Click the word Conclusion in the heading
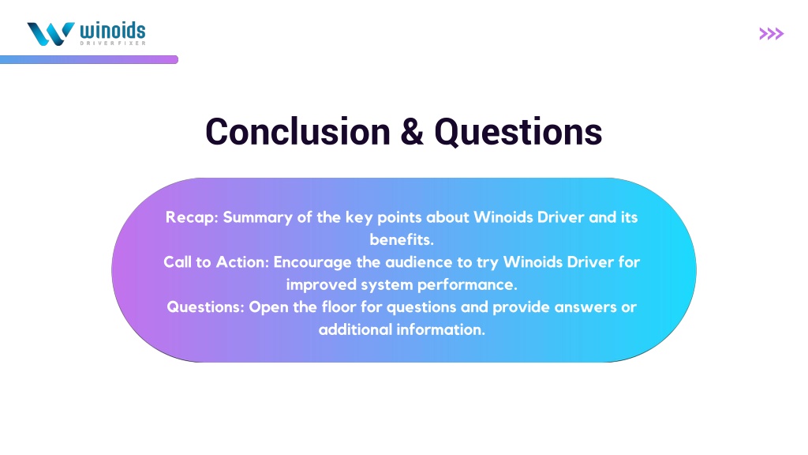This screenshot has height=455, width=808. point(297,132)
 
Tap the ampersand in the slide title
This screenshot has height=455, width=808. point(412,132)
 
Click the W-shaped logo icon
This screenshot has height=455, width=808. point(50,34)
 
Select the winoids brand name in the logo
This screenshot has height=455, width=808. point(112,31)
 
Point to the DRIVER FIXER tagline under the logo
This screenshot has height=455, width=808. point(113,43)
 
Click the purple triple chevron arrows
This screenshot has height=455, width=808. point(772,34)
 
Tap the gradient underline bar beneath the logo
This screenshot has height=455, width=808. point(89,60)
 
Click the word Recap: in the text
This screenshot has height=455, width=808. point(192,218)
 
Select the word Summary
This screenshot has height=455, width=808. point(258,218)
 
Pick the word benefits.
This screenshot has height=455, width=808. point(402,240)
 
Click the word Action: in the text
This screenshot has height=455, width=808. point(242,262)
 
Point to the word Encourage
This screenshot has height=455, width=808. point(312,262)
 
